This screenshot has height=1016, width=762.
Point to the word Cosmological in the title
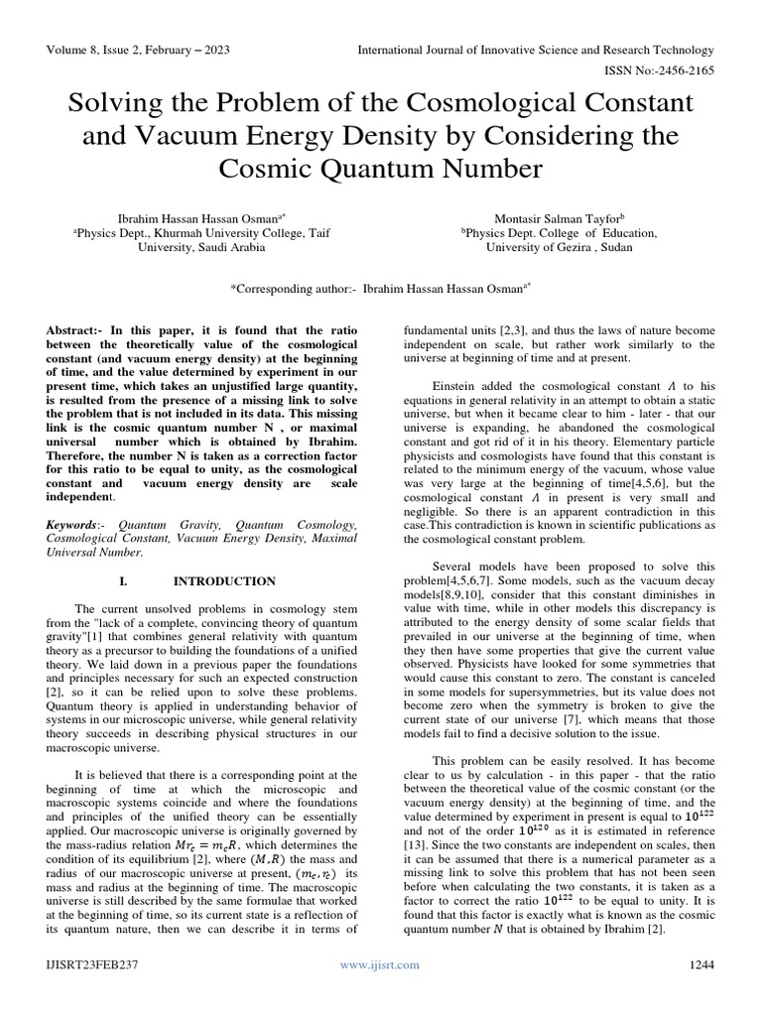click(x=518, y=103)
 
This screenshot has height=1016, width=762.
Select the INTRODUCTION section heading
click(x=225, y=580)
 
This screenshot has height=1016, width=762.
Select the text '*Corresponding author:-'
click(x=294, y=287)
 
